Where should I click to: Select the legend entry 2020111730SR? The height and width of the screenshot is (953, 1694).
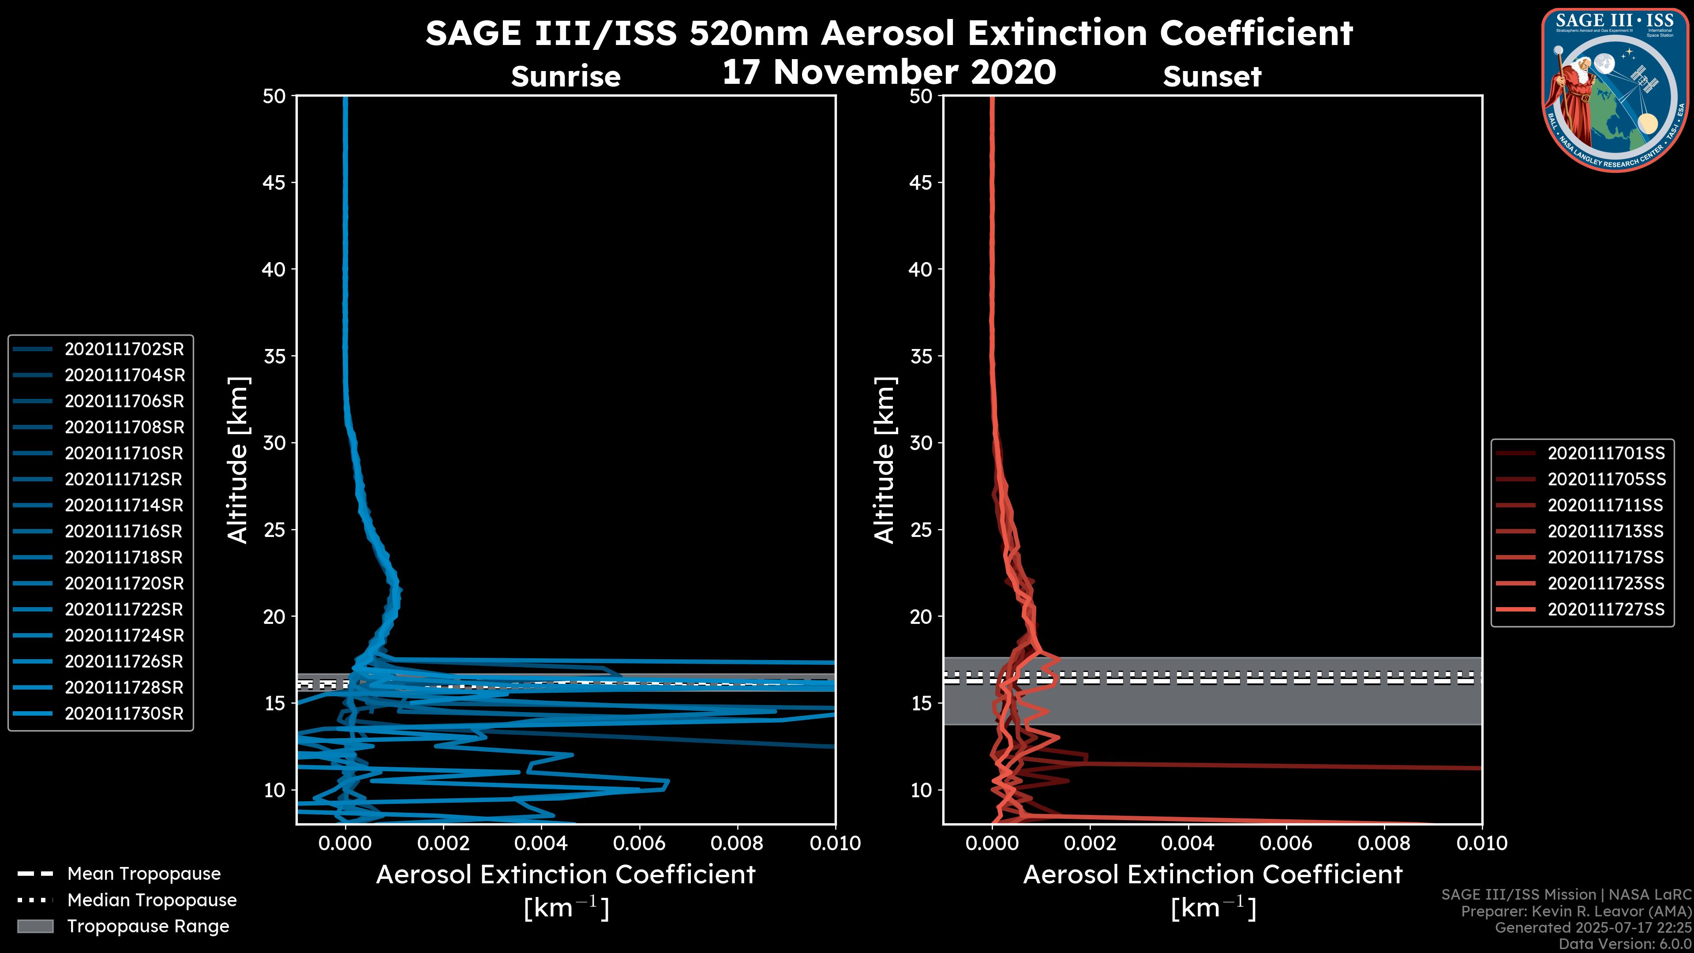click(x=124, y=713)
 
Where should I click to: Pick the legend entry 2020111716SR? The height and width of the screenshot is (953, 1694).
click(x=124, y=531)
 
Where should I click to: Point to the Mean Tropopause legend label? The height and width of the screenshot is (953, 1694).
click(x=144, y=874)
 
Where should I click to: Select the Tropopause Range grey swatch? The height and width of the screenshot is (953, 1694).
click(x=35, y=926)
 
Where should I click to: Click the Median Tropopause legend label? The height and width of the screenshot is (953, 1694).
click(x=152, y=900)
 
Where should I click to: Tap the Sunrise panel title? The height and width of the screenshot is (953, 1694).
click(x=566, y=77)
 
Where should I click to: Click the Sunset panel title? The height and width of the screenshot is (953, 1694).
click(x=1212, y=77)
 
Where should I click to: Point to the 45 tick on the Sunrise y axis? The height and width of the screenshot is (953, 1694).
click(x=275, y=183)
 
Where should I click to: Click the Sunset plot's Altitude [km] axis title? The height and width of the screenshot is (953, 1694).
click(x=885, y=460)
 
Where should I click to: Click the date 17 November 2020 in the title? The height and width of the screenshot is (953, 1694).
click(x=889, y=72)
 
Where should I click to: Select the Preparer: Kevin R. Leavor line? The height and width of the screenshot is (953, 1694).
click(x=1576, y=912)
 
